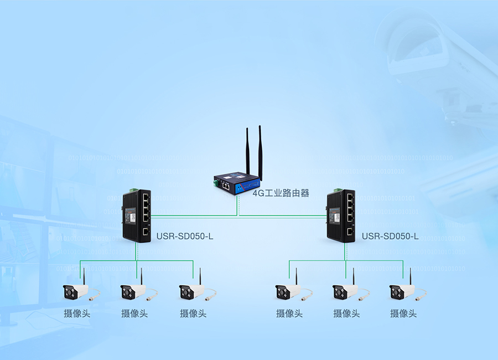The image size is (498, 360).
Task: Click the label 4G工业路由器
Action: pyautogui.click(x=281, y=193)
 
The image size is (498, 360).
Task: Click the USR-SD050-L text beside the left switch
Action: pyautogui.click(x=185, y=236)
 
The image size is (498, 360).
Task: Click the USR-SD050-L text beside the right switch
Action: pyautogui.click(x=390, y=236)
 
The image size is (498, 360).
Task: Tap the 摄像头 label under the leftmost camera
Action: pyautogui.click(x=77, y=313)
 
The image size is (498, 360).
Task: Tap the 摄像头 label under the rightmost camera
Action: pyautogui.click(x=403, y=313)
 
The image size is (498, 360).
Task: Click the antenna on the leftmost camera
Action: pyautogui.click(x=84, y=276)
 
